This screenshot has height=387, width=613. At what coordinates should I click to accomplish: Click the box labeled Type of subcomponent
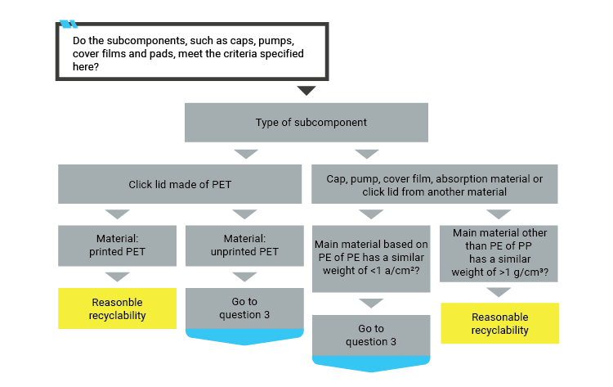click(x=306, y=123)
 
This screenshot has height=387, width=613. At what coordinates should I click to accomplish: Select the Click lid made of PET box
click(x=180, y=184)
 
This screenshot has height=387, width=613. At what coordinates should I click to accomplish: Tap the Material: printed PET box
click(x=117, y=245)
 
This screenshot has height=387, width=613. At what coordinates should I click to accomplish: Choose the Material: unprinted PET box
click(x=244, y=245)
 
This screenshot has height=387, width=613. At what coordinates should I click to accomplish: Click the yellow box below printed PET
click(x=117, y=308)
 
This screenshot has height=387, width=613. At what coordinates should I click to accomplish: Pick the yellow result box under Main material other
click(x=499, y=323)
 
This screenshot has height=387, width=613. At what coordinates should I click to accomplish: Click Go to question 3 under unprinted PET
click(x=244, y=308)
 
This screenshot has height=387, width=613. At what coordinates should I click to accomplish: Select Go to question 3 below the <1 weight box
click(x=371, y=335)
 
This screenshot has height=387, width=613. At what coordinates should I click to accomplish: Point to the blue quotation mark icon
click(x=69, y=24)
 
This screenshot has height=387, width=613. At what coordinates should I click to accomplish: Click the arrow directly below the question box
click(x=306, y=91)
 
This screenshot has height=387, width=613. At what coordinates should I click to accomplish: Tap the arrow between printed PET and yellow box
click(x=117, y=277)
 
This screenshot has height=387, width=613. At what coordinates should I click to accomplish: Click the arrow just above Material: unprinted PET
click(x=244, y=215)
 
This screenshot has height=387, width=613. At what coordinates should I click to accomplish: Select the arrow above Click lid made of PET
click(x=244, y=154)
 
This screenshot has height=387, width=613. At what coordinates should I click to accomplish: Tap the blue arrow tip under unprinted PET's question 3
click(x=244, y=339)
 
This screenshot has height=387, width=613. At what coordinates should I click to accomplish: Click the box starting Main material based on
click(x=371, y=258)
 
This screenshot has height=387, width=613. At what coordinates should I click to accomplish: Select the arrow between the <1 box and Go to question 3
click(x=371, y=304)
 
